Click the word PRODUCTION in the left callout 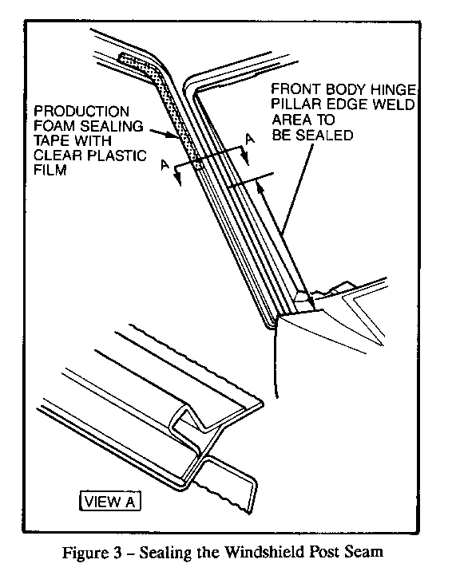tap(81, 111)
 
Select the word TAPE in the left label tap(51, 140)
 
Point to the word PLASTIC tap(117, 156)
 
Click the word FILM tap(50, 170)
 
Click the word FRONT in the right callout tap(295, 89)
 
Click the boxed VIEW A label tap(110, 501)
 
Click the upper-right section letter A tap(250, 139)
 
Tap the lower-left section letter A tap(165, 164)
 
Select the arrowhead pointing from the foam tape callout tap(175, 136)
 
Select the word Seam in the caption tap(367, 552)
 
